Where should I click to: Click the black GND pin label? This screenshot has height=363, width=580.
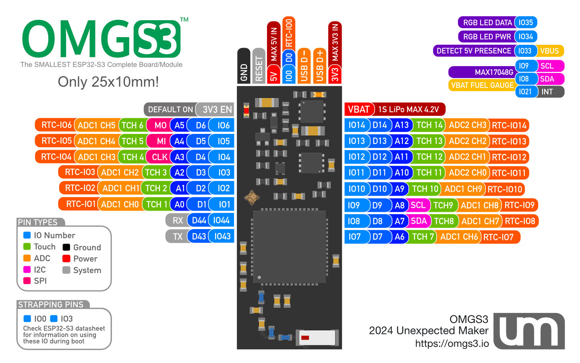244,67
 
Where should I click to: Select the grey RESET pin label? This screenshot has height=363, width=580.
259,67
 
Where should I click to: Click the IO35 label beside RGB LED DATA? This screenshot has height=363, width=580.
526,23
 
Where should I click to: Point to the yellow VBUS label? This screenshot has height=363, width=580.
550,51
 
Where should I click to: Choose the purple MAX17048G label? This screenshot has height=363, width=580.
483,72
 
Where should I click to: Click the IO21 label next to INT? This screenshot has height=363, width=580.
525,92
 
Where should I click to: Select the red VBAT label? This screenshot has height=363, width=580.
358,109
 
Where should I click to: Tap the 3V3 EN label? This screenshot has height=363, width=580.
217,109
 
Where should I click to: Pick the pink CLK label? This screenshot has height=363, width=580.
159,157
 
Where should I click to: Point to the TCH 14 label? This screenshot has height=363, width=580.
429,125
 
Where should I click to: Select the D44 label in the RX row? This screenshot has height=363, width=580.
199,220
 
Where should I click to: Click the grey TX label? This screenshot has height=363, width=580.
177,236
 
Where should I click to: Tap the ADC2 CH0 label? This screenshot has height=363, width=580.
467,173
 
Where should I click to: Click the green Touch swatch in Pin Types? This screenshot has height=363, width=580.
27,246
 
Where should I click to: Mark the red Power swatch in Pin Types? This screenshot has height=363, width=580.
66,259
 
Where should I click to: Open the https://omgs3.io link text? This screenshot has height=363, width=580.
452,344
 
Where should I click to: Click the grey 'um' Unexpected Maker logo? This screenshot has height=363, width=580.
529,331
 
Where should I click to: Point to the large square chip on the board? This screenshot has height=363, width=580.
289,246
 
